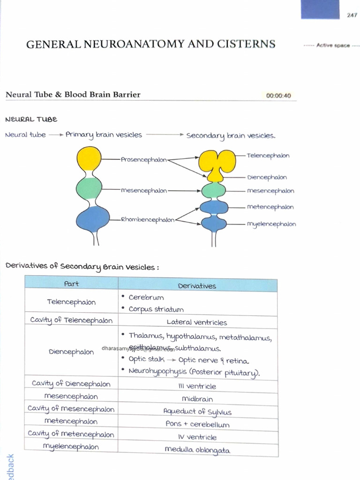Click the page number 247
click(x=352, y=15)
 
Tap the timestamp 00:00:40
click(x=278, y=96)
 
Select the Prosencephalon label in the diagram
click(x=143, y=160)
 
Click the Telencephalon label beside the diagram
click(x=268, y=156)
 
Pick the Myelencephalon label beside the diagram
click(x=271, y=225)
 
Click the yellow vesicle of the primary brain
click(x=89, y=158)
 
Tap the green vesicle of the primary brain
click(x=89, y=189)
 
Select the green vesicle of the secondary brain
click(x=214, y=191)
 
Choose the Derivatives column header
click(x=197, y=286)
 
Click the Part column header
click(x=71, y=284)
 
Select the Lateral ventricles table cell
click(x=197, y=322)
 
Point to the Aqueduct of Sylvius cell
click(x=197, y=412)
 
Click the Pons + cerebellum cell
click(x=197, y=424)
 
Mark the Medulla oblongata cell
click(x=197, y=450)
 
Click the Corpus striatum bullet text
click(x=156, y=309)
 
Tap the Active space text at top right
click(x=333, y=45)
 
